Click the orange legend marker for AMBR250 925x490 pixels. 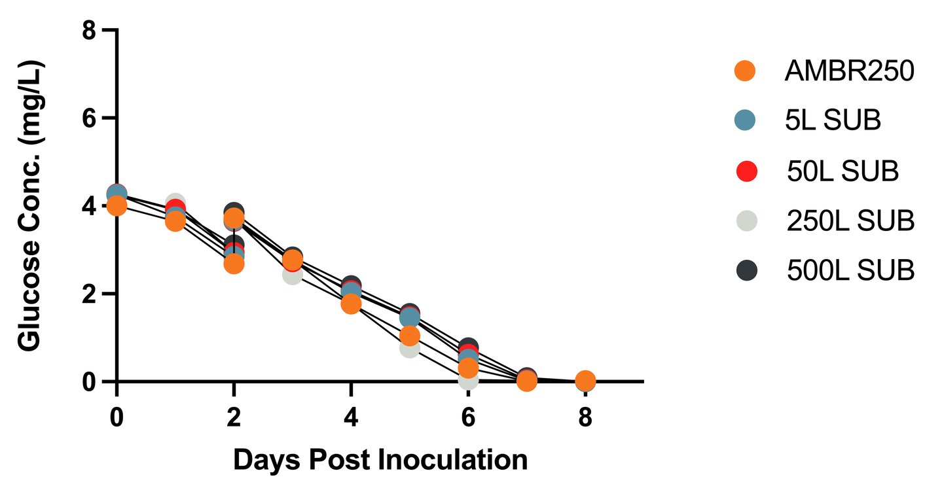[744, 71]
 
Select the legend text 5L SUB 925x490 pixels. [833, 120]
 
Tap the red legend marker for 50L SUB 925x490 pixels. [744, 171]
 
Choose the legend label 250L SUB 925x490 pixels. [850, 221]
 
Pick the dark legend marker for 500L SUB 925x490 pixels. [744, 270]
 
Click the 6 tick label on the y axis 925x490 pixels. [92, 118]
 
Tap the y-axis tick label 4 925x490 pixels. [92, 206]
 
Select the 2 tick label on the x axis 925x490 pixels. [234, 417]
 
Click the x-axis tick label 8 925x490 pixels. [585, 417]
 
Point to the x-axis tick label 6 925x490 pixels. [468, 417]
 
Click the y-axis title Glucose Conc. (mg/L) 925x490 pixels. [31, 206]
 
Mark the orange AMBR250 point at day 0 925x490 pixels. [117, 206]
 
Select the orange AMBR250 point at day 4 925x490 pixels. [351, 304]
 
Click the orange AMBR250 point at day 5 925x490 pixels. [410, 336]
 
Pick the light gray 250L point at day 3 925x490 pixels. [291, 275]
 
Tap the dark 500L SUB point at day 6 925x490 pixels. [468, 347]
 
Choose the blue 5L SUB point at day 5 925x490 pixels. [410, 318]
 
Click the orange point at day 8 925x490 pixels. [585, 380]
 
